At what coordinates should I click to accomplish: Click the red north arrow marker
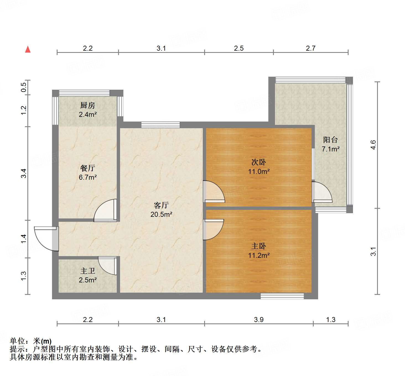[28, 49]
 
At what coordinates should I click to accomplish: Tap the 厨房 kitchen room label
[88, 105]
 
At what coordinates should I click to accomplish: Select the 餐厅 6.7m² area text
[88, 177]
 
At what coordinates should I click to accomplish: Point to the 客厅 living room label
[161, 205]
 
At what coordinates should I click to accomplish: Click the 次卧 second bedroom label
[259, 162]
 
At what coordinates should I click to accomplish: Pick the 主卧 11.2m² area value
[259, 255]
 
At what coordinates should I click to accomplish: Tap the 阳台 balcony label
[331, 140]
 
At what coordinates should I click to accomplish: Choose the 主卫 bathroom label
[88, 271]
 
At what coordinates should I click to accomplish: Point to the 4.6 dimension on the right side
[373, 145]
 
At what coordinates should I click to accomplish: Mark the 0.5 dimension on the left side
[24, 87]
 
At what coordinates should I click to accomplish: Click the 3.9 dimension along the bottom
[259, 320]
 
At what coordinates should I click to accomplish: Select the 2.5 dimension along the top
[239, 48]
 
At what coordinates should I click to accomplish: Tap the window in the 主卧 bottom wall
[282, 296]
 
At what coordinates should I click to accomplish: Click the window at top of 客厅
[160, 125]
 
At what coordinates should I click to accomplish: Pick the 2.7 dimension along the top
[311, 48]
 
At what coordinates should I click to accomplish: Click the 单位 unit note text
[31, 341]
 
